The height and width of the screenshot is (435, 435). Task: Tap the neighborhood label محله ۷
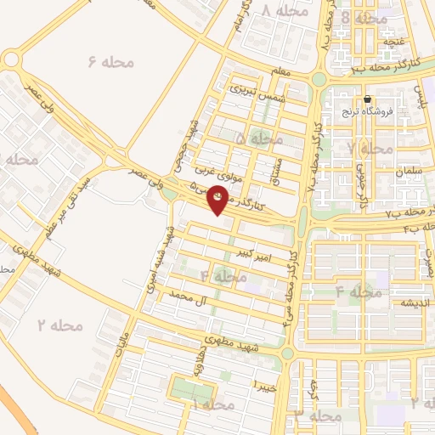point(370,149)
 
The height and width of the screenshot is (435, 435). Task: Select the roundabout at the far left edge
point(10,59)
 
